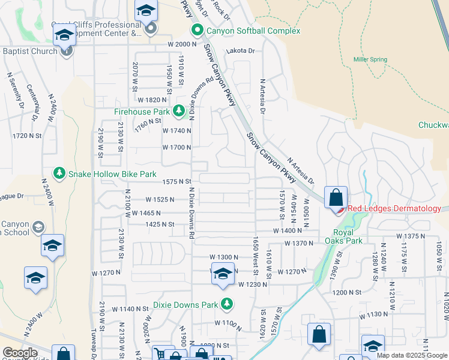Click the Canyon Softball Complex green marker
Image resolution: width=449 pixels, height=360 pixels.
(x=196, y=29)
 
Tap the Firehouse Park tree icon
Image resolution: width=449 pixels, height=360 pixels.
(x=179, y=111)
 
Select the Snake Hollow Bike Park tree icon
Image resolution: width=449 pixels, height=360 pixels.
(x=59, y=174)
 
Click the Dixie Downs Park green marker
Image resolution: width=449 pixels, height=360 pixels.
(x=227, y=304)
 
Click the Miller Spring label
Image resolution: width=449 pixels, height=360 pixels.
(x=370, y=59)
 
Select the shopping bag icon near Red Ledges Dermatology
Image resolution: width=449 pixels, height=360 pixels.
(x=336, y=197)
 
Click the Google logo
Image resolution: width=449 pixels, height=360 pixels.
(x=20, y=353)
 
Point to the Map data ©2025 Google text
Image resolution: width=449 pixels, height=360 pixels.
(x=411, y=355)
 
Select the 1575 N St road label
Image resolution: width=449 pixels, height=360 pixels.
(x=176, y=181)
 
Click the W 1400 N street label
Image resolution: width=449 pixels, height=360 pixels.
(x=288, y=230)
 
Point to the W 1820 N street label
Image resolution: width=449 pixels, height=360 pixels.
(x=152, y=100)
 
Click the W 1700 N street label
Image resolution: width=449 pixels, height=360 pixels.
(x=176, y=147)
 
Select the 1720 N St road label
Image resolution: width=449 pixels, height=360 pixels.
(x=27, y=136)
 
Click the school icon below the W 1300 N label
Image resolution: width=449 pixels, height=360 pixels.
(x=223, y=274)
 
